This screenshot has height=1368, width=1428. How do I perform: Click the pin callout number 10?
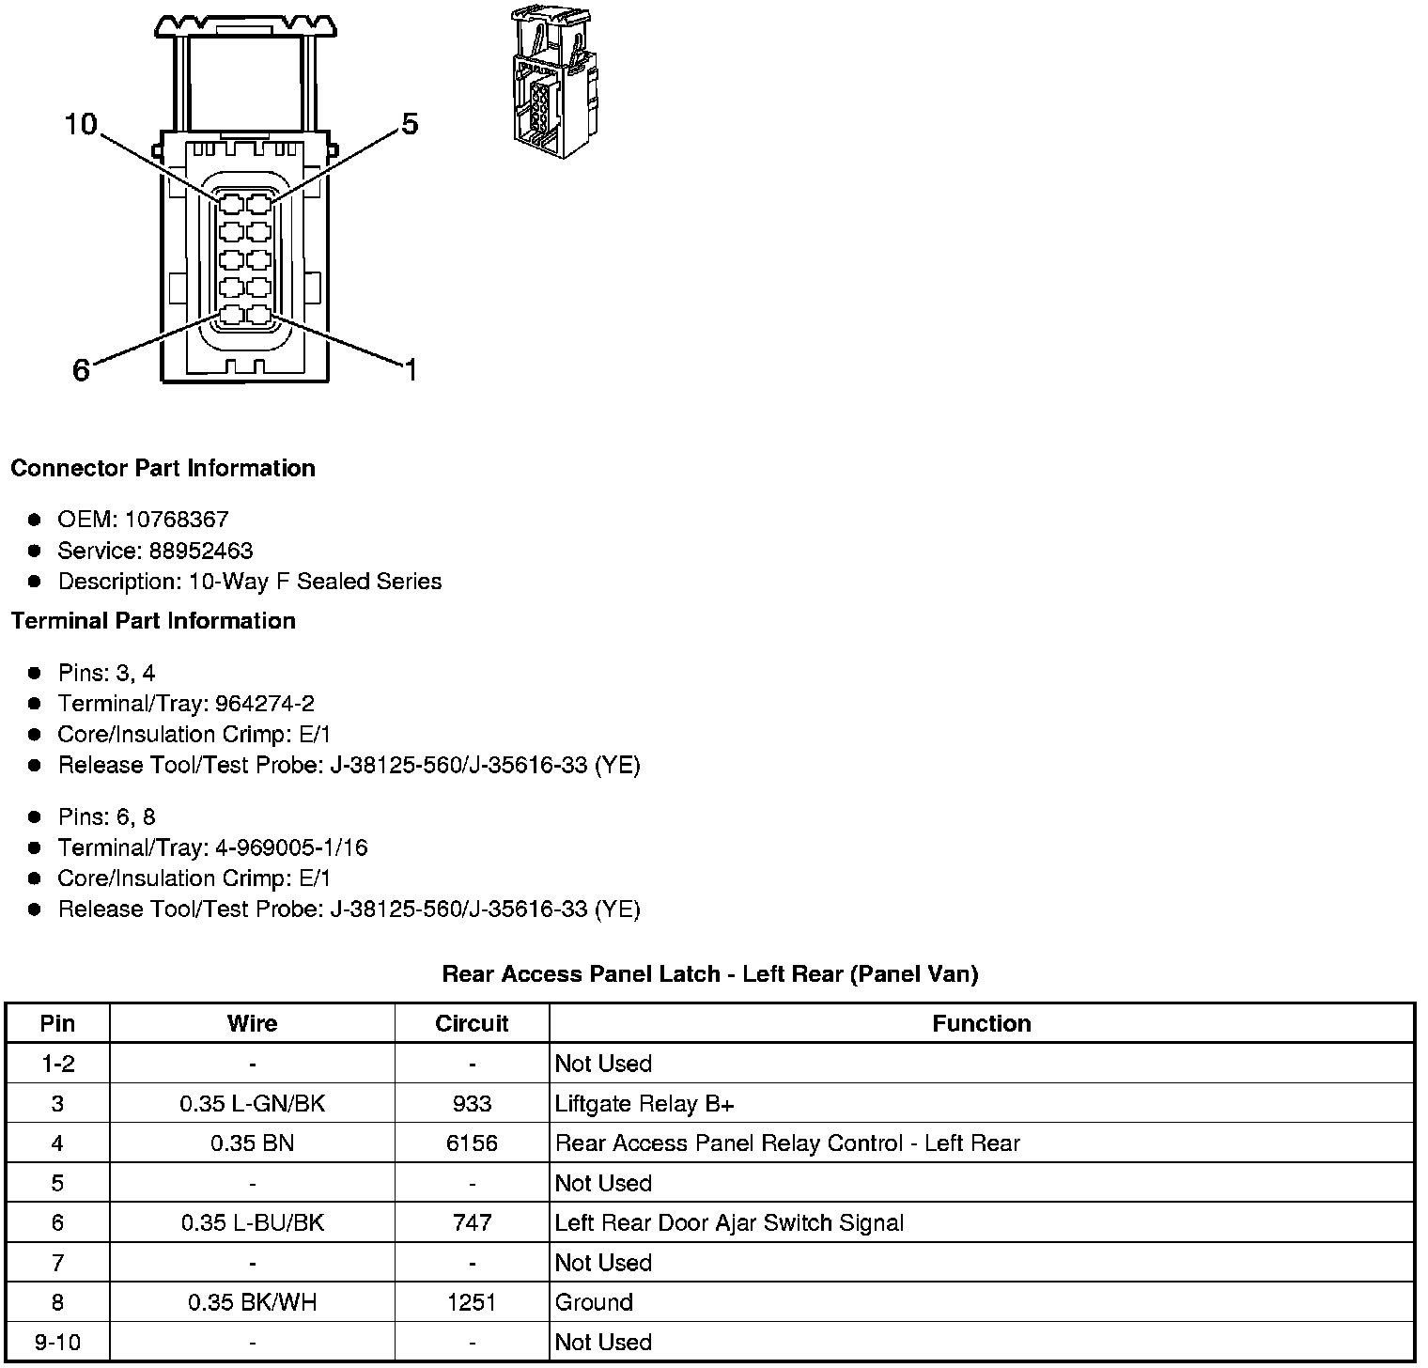pos(81,124)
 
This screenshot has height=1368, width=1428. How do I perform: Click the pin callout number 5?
pos(410,124)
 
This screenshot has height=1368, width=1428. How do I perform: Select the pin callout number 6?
pos(82,370)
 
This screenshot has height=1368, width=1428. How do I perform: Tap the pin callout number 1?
pos(410,370)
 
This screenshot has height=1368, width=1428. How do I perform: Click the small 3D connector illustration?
pos(554,82)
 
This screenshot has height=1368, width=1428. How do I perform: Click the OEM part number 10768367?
pos(177,520)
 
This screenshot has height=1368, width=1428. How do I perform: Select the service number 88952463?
pos(201,551)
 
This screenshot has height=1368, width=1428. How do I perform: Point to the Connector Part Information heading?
pos(163,468)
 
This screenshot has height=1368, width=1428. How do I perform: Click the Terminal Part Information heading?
pos(153,621)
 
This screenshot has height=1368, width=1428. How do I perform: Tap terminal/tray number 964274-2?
pos(265,704)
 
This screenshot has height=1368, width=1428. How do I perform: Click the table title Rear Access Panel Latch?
pos(710,974)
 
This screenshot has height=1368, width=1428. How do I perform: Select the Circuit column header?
pos(472,1023)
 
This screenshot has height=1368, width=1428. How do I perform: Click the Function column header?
pos(982,1023)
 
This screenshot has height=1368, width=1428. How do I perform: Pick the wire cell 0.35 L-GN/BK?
pos(253,1103)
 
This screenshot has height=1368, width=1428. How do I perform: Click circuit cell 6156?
pos(472,1143)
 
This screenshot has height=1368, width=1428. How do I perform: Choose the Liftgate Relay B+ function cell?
pos(644,1103)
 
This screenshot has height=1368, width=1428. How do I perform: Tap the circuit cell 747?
pos(472,1222)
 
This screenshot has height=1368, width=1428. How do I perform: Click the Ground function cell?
pos(594,1302)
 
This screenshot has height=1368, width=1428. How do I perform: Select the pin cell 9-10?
pos(57,1342)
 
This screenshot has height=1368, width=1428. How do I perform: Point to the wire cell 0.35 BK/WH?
pos(253,1302)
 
